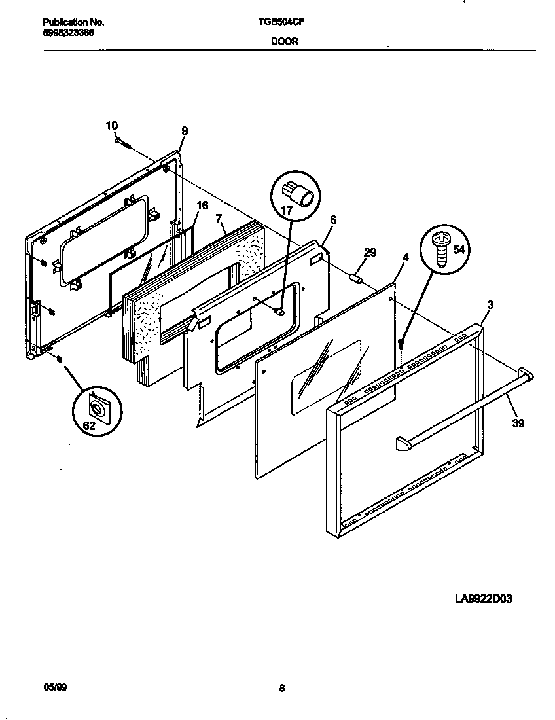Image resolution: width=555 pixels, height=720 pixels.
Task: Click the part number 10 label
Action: coord(112,125)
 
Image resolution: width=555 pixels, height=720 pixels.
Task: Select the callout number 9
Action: coord(185,131)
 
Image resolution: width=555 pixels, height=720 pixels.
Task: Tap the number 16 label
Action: coord(202,206)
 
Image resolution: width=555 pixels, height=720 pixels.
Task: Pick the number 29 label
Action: coord(370,253)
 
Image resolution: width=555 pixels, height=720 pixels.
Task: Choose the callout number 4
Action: coord(405,257)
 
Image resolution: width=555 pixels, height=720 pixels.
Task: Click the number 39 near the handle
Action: coord(518,423)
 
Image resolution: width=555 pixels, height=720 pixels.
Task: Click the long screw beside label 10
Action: coord(125,143)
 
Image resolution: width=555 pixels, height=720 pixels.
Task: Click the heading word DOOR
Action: coord(281,41)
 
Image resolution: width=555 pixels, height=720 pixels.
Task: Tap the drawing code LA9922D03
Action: coord(484,598)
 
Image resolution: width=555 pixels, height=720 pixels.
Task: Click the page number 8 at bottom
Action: coord(281,687)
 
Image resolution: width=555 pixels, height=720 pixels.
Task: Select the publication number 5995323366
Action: coord(63,32)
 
